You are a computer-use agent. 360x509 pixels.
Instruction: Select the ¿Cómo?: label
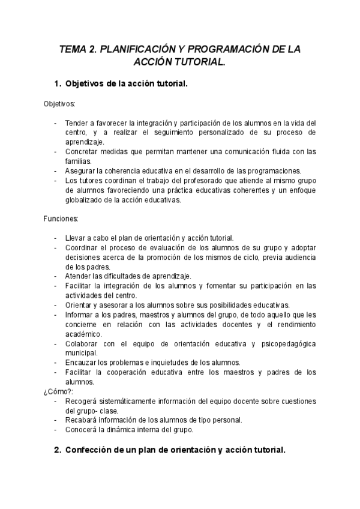click(x=59, y=391)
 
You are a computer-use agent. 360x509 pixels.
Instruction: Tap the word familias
click(x=79, y=161)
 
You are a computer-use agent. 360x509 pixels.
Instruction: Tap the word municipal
click(x=81, y=353)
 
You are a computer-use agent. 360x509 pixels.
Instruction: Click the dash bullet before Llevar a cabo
click(x=56, y=238)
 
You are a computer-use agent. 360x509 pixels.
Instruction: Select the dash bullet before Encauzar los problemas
click(x=56, y=363)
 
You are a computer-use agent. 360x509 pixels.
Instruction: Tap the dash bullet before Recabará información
click(x=56, y=420)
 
